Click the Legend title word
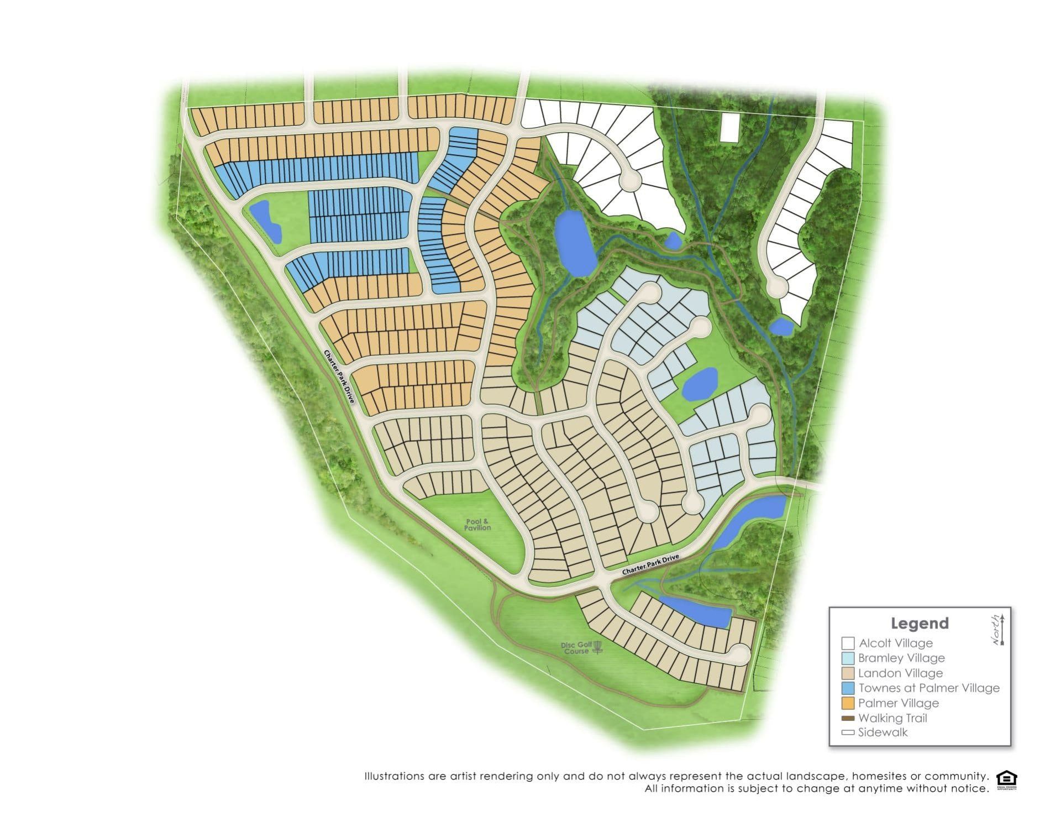coord(919,623)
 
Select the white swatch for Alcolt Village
coord(848,643)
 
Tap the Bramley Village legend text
coord(901,658)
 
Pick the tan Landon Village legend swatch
coord(848,673)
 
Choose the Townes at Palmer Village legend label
coord(929,688)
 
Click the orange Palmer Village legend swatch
coord(848,703)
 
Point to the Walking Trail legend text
coord(892,718)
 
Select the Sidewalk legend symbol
coord(848,733)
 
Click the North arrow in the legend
coord(1001,629)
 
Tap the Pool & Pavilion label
coord(477,524)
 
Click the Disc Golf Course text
coord(576,648)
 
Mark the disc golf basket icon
coord(597,647)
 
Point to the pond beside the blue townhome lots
coord(266,221)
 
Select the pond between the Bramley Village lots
coord(699,383)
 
